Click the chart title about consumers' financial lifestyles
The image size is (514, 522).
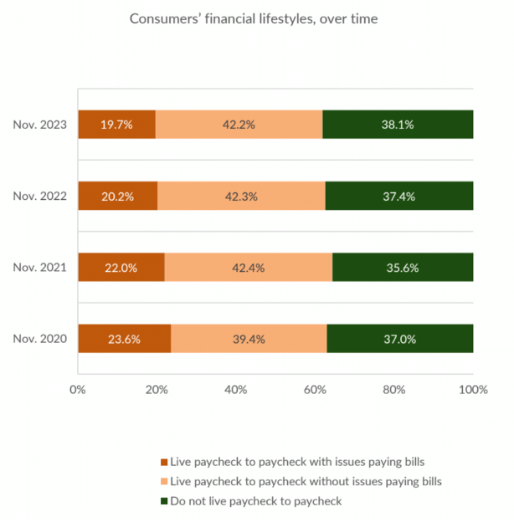click(253, 18)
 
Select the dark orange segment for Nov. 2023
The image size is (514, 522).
click(116, 125)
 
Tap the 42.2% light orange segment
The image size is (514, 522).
click(239, 125)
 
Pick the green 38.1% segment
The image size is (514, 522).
click(398, 125)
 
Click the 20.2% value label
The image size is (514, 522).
click(118, 197)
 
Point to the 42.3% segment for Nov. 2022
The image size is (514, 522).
click(241, 197)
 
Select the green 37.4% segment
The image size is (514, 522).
click(399, 197)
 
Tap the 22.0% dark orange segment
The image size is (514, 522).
click(121, 268)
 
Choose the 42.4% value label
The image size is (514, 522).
click(249, 268)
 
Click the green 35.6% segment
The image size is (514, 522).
click(403, 268)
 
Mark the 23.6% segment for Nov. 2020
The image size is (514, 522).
click(124, 340)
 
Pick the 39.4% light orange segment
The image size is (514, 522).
click(249, 340)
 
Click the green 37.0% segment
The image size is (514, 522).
click(400, 340)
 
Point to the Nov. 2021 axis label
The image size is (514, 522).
click(41, 268)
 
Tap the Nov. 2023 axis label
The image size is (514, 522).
click(41, 125)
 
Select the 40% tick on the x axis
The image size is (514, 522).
click(236, 389)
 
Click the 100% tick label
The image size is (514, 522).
click(474, 389)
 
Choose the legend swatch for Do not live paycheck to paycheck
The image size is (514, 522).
click(163, 501)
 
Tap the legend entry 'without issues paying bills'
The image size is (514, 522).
click(306, 481)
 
